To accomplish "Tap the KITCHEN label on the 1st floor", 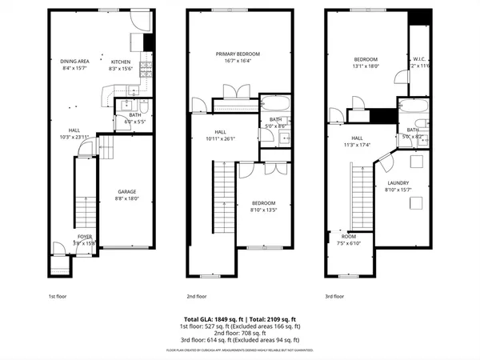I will pos(120,62).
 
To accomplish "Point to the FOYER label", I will pos(85,237).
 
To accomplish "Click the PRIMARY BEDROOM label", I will pos(238,54).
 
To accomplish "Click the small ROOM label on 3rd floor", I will pos(349,236).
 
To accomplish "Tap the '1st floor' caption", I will pos(58,296).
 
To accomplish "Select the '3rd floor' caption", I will pos(335,296).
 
